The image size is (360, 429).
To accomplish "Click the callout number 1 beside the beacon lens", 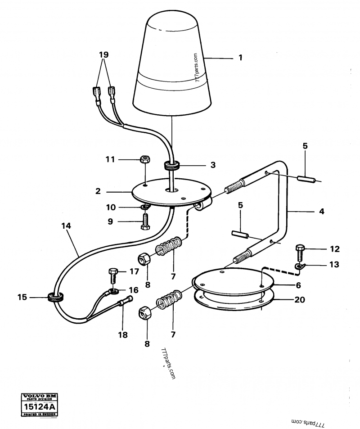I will [240, 58].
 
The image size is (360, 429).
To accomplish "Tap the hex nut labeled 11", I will [145, 159].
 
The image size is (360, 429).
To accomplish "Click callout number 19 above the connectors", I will [104, 55].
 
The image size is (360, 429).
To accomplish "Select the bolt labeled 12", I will [301, 249].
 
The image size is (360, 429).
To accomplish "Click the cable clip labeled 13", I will [299, 266].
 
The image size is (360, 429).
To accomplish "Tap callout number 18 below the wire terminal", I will [122, 335].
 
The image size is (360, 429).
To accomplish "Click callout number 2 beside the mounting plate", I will [98, 191].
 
